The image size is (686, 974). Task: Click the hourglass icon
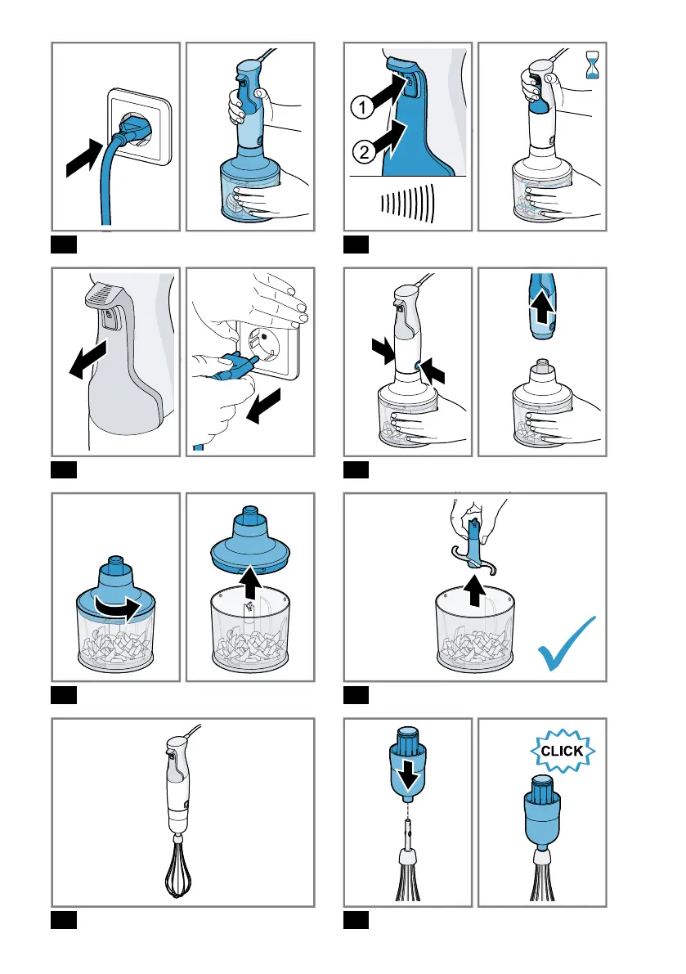click(x=593, y=65)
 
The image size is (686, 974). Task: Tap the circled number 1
click(x=362, y=107)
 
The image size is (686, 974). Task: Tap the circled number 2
click(x=365, y=151)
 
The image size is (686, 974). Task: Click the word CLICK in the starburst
click(x=562, y=751)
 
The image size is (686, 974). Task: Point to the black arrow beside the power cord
click(x=84, y=158)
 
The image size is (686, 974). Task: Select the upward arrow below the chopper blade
click(x=475, y=590)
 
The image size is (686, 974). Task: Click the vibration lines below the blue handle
click(x=408, y=202)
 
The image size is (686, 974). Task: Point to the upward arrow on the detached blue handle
click(x=543, y=306)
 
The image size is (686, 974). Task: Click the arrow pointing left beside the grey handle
click(x=88, y=358)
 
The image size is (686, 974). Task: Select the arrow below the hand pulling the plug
click(x=263, y=406)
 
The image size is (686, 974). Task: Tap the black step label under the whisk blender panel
click(x=64, y=920)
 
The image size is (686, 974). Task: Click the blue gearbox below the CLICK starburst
click(x=542, y=813)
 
